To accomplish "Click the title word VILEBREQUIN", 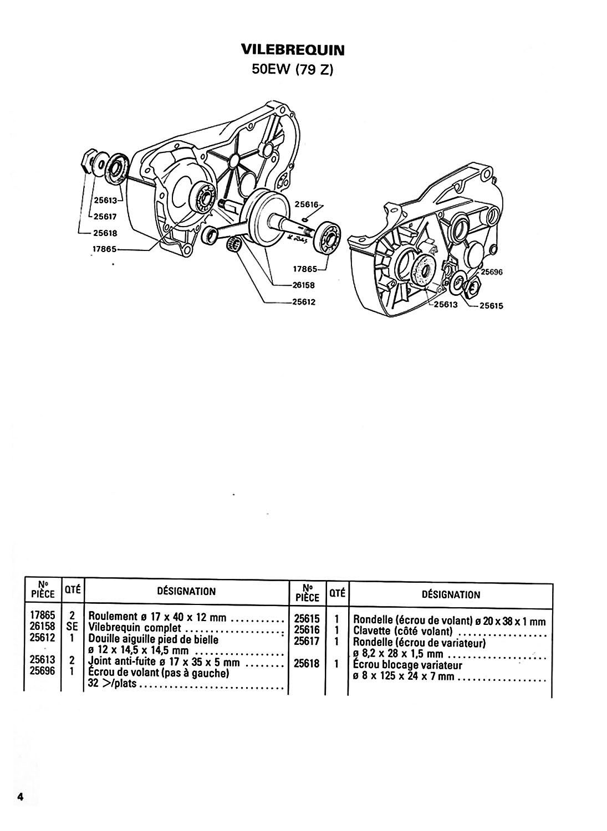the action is pyautogui.click(x=293, y=50).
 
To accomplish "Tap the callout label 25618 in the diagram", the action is pyautogui.click(x=105, y=233).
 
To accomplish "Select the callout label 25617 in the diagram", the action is pyautogui.click(x=105, y=216).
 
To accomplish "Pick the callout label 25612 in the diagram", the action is pyautogui.click(x=303, y=302).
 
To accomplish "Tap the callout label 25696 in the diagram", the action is pyautogui.click(x=492, y=272).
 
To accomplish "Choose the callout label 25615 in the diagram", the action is pyautogui.click(x=491, y=306).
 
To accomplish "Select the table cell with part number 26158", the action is pyautogui.click(x=43, y=626).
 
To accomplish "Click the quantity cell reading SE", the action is pyautogui.click(x=72, y=626).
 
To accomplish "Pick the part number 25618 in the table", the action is pyautogui.click(x=307, y=663).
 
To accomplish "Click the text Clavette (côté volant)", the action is pyautogui.click(x=403, y=630).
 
